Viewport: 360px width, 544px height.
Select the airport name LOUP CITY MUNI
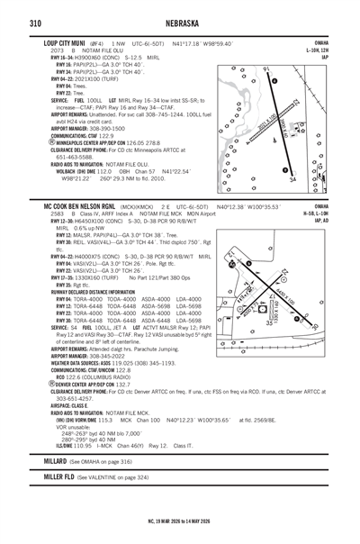tap(67, 43)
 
